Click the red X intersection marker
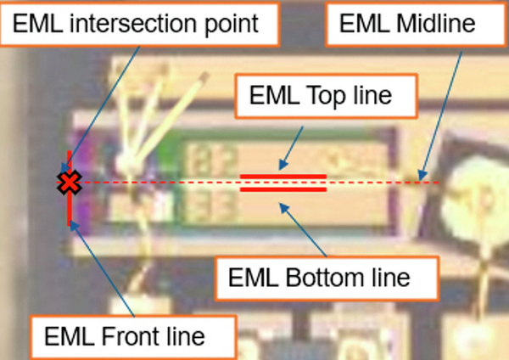point(69,183)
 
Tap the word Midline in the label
point(436,24)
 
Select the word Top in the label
point(327,96)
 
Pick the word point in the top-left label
point(232,25)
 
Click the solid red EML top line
point(283,177)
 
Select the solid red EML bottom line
point(283,189)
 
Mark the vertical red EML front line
point(70,188)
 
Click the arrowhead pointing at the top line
point(282,165)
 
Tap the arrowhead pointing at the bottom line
point(284,208)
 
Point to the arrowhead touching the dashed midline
point(422,176)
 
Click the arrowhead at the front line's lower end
point(74,226)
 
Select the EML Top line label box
point(326,96)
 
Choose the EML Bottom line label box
point(327,278)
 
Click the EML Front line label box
point(133,337)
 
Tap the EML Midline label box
point(417,24)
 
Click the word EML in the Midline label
point(364,24)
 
